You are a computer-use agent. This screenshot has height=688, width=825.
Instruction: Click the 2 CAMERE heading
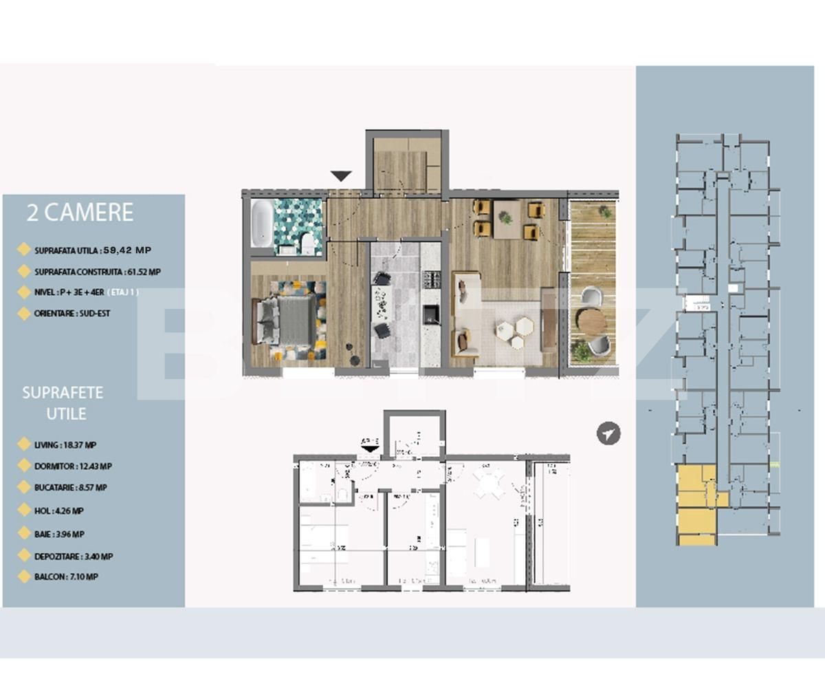point(79,213)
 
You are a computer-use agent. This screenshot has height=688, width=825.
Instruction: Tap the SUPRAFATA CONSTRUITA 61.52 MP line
point(97,272)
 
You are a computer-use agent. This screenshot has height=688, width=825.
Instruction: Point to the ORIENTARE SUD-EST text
point(72,313)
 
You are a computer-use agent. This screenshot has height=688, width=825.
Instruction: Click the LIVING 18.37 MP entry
point(65,445)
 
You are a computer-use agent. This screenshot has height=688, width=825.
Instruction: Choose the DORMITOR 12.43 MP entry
point(73,466)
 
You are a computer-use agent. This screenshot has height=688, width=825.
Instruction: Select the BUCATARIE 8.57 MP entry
point(70,487)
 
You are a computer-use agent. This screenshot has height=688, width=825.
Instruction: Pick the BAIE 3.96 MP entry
point(59,534)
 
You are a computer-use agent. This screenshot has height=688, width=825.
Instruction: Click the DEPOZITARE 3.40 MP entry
point(74,557)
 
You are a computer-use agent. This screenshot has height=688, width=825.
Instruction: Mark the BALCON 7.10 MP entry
point(65,577)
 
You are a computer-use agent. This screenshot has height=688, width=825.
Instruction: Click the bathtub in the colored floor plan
point(261,224)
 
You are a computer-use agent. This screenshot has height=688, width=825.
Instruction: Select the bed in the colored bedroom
point(288,321)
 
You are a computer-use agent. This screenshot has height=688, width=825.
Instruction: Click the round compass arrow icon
point(608,433)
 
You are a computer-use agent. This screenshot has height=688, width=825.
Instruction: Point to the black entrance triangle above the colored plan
point(341,177)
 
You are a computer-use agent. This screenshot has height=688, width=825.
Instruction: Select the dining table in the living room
point(509,219)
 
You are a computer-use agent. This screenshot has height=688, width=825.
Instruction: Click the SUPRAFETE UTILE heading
point(63,403)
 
